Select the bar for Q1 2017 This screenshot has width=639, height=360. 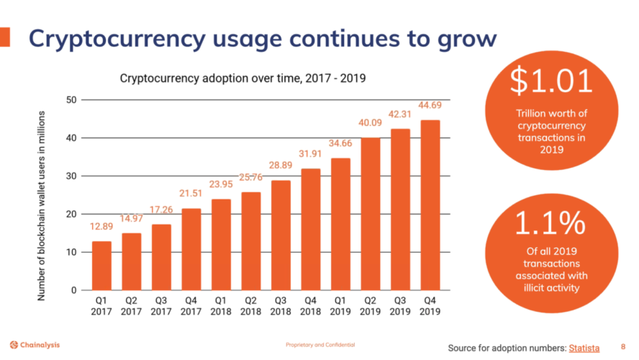point(102,266)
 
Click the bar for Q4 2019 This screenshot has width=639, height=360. point(430,205)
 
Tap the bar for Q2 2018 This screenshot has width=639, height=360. point(251,241)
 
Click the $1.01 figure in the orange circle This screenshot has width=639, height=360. point(551,82)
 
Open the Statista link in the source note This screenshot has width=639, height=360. point(584,348)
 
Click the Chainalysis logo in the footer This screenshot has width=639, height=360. point(35,345)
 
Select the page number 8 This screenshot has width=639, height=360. point(622,347)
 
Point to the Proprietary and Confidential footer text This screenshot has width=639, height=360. point(319,345)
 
